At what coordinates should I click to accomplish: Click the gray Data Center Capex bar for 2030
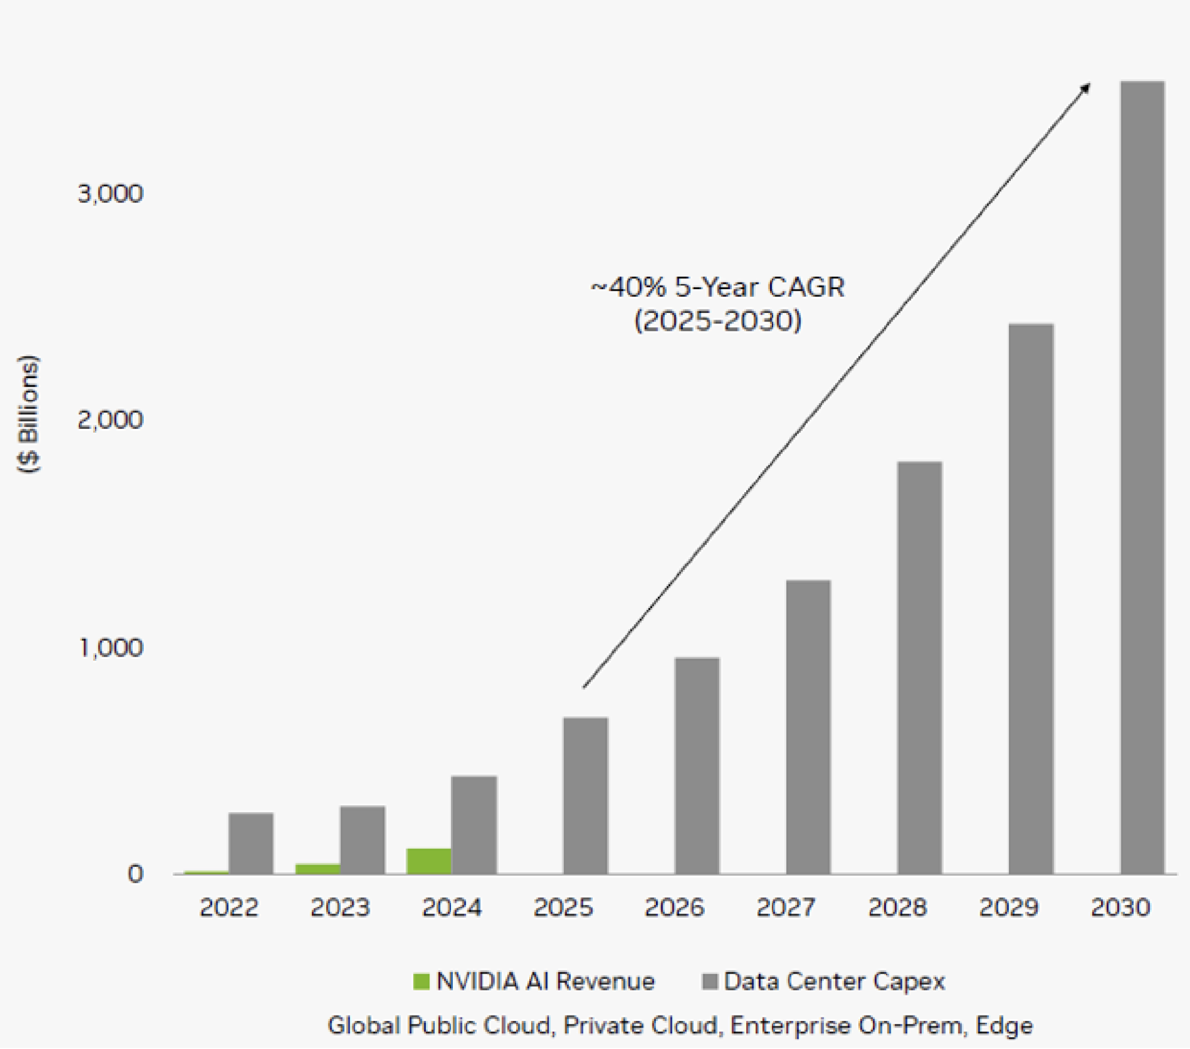pyautogui.click(x=1142, y=478)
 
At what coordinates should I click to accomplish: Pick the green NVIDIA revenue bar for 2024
pyautogui.click(x=429, y=861)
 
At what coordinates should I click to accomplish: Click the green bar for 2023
pyautogui.click(x=318, y=869)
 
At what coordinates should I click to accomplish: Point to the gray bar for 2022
pyautogui.click(x=251, y=844)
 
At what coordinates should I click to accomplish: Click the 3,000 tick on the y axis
pyautogui.click(x=111, y=194)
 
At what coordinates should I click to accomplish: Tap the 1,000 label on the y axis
pyautogui.click(x=111, y=648)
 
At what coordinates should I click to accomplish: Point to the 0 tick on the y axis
pyautogui.click(x=136, y=874)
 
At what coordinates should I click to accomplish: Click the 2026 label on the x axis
pyautogui.click(x=674, y=908)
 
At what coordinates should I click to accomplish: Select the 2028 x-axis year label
pyautogui.click(x=897, y=908)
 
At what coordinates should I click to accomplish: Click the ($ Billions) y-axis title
pyautogui.click(x=28, y=415)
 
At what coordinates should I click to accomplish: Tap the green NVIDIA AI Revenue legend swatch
pyautogui.click(x=421, y=981)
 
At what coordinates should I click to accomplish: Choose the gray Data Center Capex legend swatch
pyautogui.click(x=710, y=981)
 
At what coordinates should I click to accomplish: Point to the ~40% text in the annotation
pyautogui.click(x=628, y=287)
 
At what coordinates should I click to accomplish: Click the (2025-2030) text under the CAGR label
pyautogui.click(x=717, y=321)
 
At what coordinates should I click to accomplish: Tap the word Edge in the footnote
pyautogui.click(x=1004, y=1026)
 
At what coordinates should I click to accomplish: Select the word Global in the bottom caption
pyautogui.click(x=364, y=1026)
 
